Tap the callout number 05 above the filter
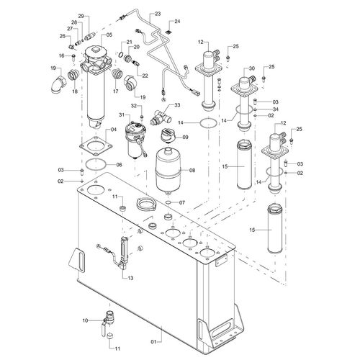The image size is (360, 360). point(109,35)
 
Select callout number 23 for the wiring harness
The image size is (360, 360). point(158,14)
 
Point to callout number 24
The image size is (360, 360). point(177,22)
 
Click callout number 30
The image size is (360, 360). point(251,68)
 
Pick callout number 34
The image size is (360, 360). point(276,109)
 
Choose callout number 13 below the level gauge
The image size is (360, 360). point(130,278)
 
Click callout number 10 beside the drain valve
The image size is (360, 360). point(86,320)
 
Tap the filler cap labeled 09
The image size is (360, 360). point(168,135)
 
